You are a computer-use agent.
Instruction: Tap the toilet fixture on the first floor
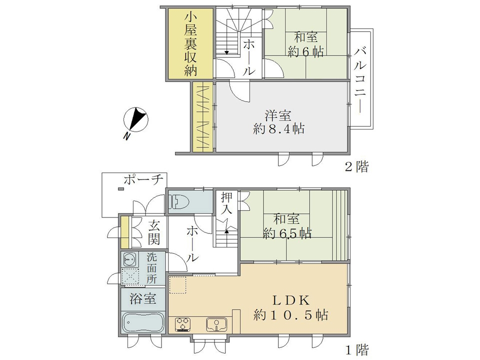(x=179, y=201)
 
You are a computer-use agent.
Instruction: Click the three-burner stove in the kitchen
(x=183, y=325)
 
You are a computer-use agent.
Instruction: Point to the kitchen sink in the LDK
(x=216, y=324)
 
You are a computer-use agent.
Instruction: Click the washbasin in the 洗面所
(x=130, y=259)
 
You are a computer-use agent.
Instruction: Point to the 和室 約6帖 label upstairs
(x=305, y=45)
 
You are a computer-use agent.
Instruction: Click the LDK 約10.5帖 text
(x=291, y=307)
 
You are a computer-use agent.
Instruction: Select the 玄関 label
(x=153, y=233)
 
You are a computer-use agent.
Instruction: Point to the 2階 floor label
(x=357, y=167)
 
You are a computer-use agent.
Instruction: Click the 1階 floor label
(x=357, y=350)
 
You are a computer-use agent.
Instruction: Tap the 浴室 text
(x=143, y=299)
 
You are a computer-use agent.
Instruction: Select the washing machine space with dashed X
(x=130, y=276)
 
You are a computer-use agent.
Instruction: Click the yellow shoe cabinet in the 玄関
(x=124, y=232)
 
